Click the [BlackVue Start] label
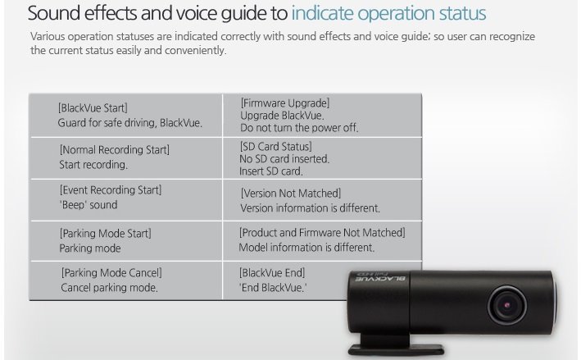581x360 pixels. coord(93,108)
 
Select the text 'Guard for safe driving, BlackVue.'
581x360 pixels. coord(130,123)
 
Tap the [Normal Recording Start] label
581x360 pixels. coord(115,150)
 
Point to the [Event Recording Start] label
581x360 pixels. coord(111,189)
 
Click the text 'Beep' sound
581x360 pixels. coord(89,205)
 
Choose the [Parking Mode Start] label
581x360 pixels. coord(106,233)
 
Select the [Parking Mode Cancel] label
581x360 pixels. coord(111,273)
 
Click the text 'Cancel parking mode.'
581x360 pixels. coord(109,288)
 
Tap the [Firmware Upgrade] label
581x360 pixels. coord(285,103)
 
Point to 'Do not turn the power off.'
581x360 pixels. coord(299,128)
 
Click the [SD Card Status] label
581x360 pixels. coord(275,147)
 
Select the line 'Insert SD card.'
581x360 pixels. coord(271,171)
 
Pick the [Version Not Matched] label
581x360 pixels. coord(291,194)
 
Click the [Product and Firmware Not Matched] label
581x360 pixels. coord(322,232)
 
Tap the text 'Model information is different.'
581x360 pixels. coord(306,248)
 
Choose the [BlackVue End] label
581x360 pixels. coord(272,273)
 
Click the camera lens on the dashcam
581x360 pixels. coord(507,305)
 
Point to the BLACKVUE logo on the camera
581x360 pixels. coord(380,278)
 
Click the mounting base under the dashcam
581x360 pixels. coord(395,344)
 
